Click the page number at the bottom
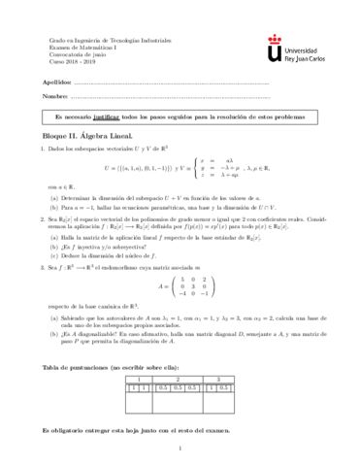pyautogui.click(x=180, y=449)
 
